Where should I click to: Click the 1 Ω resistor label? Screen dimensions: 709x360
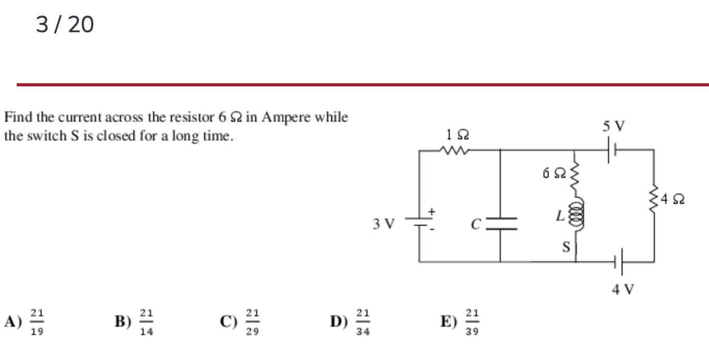coord(458,135)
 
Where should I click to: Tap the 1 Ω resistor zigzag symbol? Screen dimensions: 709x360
coord(454,151)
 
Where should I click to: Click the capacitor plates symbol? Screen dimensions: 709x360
coord(500,224)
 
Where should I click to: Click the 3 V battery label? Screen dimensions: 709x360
coord(384,224)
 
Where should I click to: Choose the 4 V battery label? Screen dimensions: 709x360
coord(623,288)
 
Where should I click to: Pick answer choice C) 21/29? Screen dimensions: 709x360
coord(240,322)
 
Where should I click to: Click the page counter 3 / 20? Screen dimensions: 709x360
coord(65,24)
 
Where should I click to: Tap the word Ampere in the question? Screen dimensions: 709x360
coord(286,117)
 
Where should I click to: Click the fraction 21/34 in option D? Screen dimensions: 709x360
coord(363,322)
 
